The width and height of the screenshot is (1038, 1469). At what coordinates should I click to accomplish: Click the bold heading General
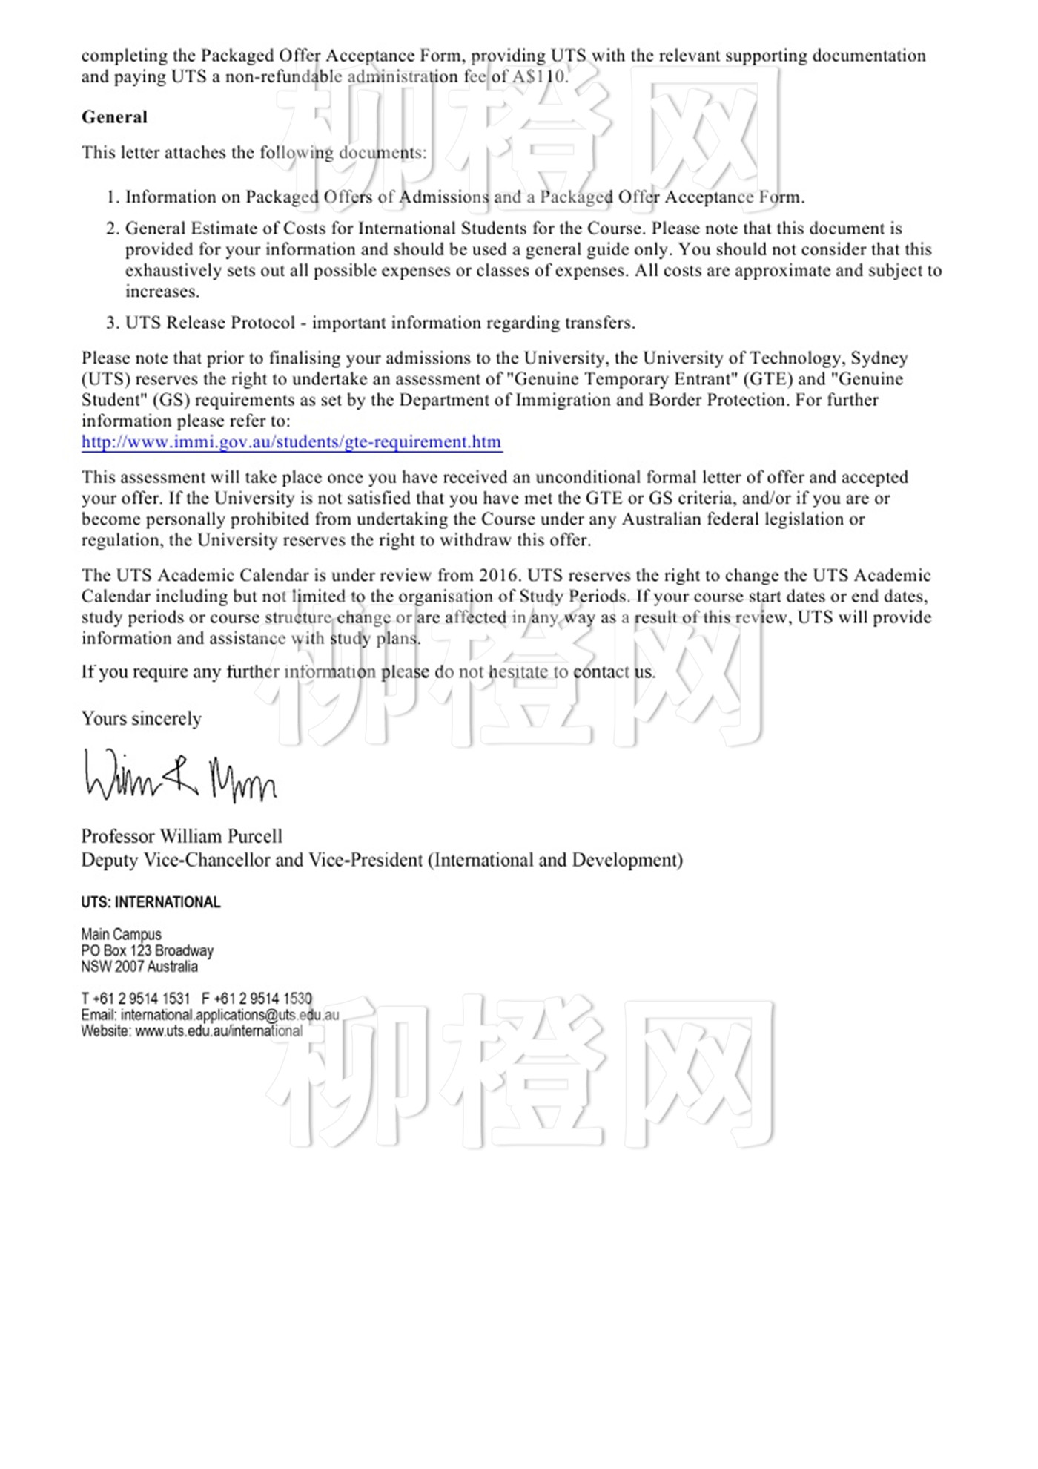pyautogui.click(x=114, y=117)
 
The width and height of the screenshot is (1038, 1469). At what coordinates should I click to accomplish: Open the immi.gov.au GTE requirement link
pyautogui.click(x=291, y=442)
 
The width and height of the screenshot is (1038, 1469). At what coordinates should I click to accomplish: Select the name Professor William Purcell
pyautogui.click(x=182, y=836)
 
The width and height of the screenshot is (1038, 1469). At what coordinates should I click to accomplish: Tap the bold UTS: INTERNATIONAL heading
pyautogui.click(x=151, y=902)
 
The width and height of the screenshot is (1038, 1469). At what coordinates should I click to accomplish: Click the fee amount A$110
pyautogui.click(x=539, y=76)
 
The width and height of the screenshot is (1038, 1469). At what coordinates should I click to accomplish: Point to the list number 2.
pyautogui.click(x=113, y=229)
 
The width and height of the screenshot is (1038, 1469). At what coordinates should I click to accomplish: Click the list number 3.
pyautogui.click(x=113, y=323)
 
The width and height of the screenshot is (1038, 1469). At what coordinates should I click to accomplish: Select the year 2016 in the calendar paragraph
pyautogui.click(x=498, y=576)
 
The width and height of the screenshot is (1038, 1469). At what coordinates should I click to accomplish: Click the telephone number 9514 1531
pyautogui.click(x=153, y=999)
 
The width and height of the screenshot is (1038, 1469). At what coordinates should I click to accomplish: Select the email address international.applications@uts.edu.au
pyautogui.click(x=230, y=1015)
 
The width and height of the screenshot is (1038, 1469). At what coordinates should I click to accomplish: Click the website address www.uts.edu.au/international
pyautogui.click(x=219, y=1031)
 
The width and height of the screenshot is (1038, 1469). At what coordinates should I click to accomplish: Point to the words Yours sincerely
pyautogui.click(x=142, y=719)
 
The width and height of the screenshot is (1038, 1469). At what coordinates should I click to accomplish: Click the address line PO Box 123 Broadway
pyautogui.click(x=147, y=950)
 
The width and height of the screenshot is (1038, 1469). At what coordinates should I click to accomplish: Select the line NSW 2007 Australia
pyautogui.click(x=139, y=967)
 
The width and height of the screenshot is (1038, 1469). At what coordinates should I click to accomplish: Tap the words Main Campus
pyautogui.click(x=121, y=934)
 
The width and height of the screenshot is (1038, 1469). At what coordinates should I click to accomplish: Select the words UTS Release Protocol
pyautogui.click(x=210, y=323)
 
